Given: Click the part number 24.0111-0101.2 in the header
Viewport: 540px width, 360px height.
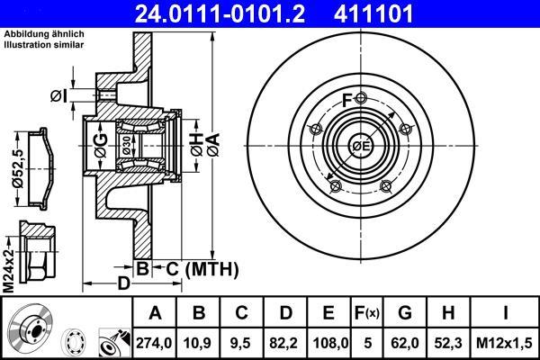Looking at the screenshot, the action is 220,13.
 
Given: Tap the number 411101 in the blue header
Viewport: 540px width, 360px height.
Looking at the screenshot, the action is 373,13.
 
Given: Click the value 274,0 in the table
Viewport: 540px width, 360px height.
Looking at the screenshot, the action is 154,343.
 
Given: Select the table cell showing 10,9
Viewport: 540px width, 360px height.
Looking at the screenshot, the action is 198,343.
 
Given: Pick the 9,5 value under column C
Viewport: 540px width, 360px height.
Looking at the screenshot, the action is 241,343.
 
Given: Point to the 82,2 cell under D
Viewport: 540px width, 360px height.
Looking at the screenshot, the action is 284,343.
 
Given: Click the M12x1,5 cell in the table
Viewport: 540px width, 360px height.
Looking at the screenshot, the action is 504,343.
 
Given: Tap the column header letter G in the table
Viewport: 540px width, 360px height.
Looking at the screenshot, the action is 405,313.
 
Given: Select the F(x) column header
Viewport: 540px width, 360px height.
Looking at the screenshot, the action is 367,313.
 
